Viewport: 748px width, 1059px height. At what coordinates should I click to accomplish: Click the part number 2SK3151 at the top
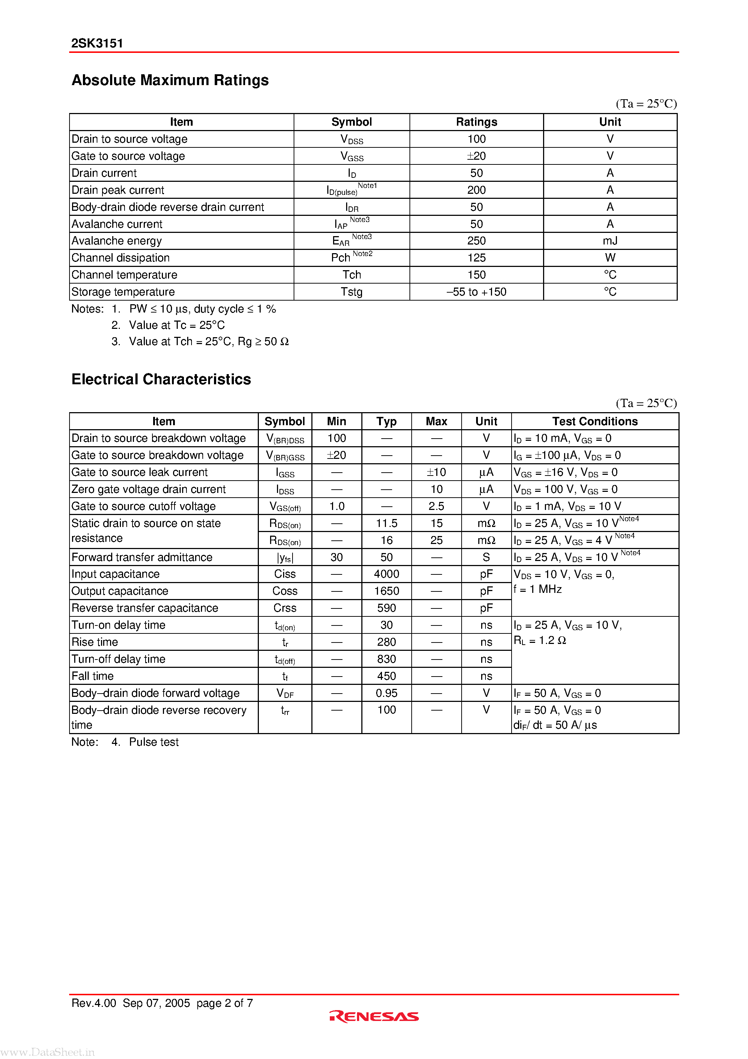tap(97, 43)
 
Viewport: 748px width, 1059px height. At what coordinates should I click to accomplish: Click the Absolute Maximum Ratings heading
tap(170, 80)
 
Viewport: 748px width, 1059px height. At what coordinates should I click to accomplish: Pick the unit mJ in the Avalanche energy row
tap(610, 241)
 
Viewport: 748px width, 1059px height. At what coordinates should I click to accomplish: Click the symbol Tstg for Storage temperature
tap(352, 292)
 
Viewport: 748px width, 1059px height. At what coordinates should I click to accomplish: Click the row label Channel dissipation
tap(120, 258)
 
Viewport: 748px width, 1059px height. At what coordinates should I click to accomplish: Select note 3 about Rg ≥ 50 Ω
tap(209, 342)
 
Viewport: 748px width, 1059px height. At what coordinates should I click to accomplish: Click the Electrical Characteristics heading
tap(161, 380)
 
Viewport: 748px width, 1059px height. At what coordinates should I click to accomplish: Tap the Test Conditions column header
tap(594, 422)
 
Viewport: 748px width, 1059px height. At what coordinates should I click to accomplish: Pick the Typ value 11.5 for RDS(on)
tap(386, 523)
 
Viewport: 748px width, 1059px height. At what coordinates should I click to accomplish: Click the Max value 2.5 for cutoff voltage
tap(436, 506)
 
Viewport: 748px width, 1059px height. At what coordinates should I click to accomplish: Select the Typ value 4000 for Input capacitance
tap(386, 574)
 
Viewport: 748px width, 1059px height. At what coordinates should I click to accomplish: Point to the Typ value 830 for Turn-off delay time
tap(386, 659)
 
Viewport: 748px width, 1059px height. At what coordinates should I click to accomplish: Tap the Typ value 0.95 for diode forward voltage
tap(386, 693)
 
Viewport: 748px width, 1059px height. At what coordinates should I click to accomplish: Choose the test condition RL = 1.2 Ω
tap(539, 641)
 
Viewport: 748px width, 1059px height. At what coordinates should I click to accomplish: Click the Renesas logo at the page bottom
tap(374, 1017)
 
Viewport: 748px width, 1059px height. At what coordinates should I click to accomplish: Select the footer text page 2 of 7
tap(224, 1003)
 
